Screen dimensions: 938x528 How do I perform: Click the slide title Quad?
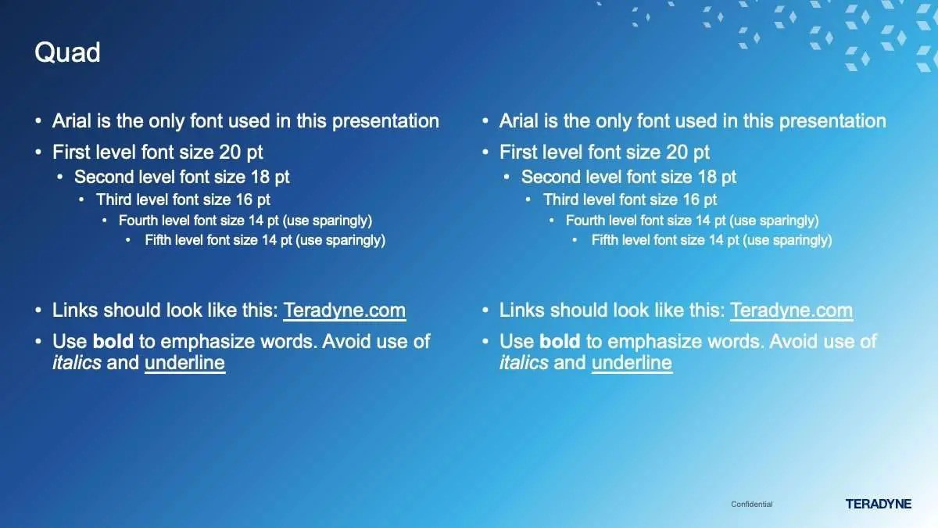point(67,53)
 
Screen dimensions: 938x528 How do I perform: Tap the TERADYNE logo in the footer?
point(878,504)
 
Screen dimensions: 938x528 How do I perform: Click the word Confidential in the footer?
point(752,504)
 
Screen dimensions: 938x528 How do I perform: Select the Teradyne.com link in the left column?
point(344,311)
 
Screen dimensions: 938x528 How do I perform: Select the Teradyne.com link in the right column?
point(791,311)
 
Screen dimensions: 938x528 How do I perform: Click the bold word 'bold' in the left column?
point(113,341)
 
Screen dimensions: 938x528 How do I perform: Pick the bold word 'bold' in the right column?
point(560,341)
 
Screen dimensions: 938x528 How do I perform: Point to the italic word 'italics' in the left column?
point(77,362)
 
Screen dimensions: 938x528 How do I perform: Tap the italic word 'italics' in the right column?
point(524,362)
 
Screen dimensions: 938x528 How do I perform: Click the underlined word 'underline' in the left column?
point(184,363)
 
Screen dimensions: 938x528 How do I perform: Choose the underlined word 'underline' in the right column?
point(632,363)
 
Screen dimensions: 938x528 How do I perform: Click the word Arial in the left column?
point(72,121)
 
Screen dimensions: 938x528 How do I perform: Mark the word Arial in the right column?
point(519,121)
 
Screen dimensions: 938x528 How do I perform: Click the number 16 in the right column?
point(691,200)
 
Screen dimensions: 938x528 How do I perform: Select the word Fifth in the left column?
point(158,240)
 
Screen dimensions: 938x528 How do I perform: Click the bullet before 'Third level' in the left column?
point(81,200)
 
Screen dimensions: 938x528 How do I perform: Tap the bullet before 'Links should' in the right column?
point(485,311)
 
